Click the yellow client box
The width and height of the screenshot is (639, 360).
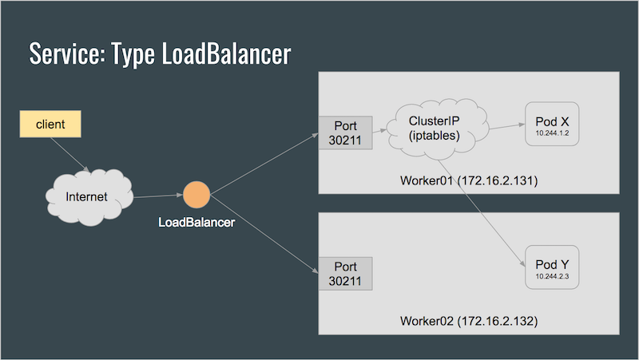pyautogui.click(x=50, y=124)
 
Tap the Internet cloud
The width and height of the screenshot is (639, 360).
pyautogui.click(x=89, y=197)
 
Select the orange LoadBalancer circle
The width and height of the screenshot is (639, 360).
pyautogui.click(x=196, y=195)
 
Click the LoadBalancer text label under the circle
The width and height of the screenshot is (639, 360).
pyautogui.click(x=196, y=223)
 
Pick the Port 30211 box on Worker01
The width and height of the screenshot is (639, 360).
pyautogui.click(x=345, y=133)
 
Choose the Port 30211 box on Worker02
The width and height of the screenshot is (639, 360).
pyautogui.click(x=345, y=274)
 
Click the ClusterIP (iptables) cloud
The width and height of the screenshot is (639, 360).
pyautogui.click(x=436, y=129)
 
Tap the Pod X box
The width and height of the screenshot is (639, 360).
pyautogui.click(x=552, y=124)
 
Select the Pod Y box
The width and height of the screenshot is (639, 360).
pyautogui.click(x=552, y=267)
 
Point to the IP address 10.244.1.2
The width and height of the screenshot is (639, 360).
pyautogui.click(x=552, y=133)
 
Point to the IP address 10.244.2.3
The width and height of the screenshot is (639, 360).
pyautogui.click(x=552, y=276)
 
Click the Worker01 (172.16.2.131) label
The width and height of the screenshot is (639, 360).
pyautogui.click(x=469, y=180)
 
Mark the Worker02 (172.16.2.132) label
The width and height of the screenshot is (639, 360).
pyautogui.click(x=469, y=321)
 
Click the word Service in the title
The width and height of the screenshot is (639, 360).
pyautogui.click(x=67, y=53)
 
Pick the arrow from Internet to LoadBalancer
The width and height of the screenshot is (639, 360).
pyautogui.click(x=158, y=196)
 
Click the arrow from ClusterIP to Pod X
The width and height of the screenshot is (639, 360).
pyautogui.click(x=506, y=127)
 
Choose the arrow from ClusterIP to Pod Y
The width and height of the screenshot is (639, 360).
pyautogui.click(x=482, y=213)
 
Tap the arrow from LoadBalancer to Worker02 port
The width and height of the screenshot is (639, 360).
pyautogui.click(x=264, y=234)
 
